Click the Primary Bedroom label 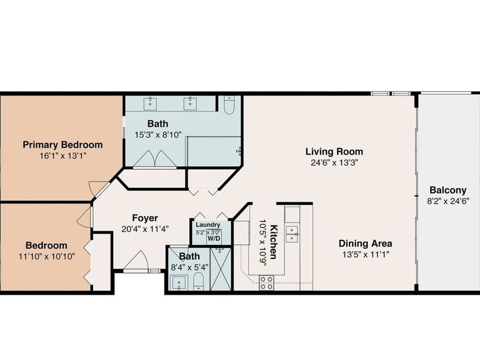(63, 145)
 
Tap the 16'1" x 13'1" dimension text (63, 156)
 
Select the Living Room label (334, 151)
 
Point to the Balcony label (448, 190)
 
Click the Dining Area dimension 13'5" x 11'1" (365, 254)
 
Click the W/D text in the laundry (214, 238)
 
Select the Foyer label (145, 218)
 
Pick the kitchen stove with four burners (266, 283)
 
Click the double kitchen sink (292, 234)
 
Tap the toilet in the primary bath (229, 105)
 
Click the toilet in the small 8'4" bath (199, 281)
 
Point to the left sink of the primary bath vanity (150, 103)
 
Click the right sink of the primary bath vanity (190, 103)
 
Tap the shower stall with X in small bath (221, 269)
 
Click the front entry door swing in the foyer (136, 261)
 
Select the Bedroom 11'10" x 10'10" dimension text (46, 256)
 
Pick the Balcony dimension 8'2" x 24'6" (448, 202)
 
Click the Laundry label (208, 225)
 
